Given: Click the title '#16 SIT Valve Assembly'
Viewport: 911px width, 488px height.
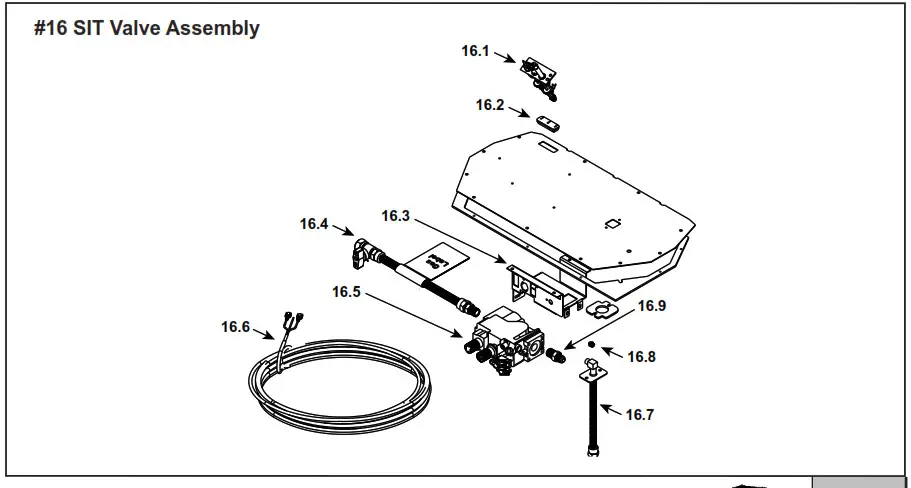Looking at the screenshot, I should (146, 28).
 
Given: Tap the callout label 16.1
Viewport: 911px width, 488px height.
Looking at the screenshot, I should (475, 51).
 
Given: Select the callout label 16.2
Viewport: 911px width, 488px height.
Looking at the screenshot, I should (490, 104).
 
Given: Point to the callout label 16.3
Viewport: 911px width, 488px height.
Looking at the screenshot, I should (396, 215).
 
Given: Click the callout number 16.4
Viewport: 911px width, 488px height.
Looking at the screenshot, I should (314, 224).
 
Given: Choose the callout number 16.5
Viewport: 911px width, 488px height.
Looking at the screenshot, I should (347, 292).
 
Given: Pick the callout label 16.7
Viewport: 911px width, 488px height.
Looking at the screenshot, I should (639, 414).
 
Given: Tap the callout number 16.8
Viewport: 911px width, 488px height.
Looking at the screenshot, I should (640, 356).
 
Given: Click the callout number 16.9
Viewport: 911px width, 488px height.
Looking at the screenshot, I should (652, 306).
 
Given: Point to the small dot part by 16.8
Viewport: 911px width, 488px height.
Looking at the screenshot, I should (592, 346).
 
